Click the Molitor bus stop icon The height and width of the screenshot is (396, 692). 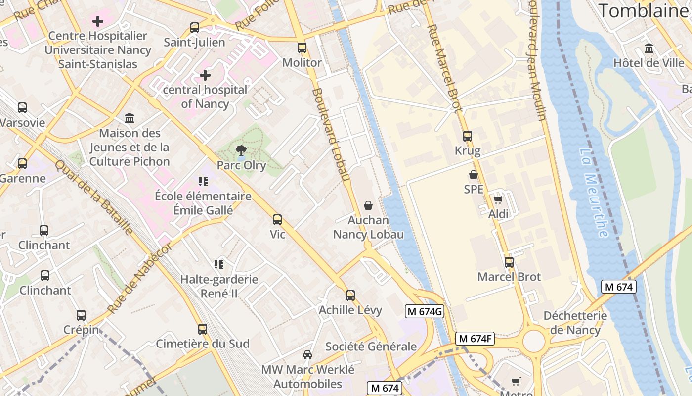click(x=302, y=48)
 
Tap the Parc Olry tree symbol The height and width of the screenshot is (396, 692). click(x=241, y=150)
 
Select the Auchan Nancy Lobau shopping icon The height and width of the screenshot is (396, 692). click(x=368, y=205)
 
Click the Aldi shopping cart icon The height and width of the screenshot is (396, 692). click(x=498, y=199)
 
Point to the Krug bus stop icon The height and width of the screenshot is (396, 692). click(x=467, y=136)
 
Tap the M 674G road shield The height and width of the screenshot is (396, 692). click(x=424, y=311)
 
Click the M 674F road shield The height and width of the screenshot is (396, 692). click(x=475, y=339)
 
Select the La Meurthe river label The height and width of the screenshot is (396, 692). click(x=594, y=193)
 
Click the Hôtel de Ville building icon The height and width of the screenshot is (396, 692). click(x=649, y=49)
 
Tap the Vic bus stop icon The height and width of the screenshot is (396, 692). click(x=277, y=219)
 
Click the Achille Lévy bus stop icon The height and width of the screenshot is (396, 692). click(x=350, y=296)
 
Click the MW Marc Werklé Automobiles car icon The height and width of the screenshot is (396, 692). click(x=307, y=355)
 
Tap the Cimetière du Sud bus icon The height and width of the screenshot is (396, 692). click(x=202, y=329)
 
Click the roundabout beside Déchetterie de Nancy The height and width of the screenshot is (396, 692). click(x=533, y=341)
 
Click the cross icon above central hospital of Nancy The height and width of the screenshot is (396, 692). click(x=205, y=75)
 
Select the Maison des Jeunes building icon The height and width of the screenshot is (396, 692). click(x=130, y=118)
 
